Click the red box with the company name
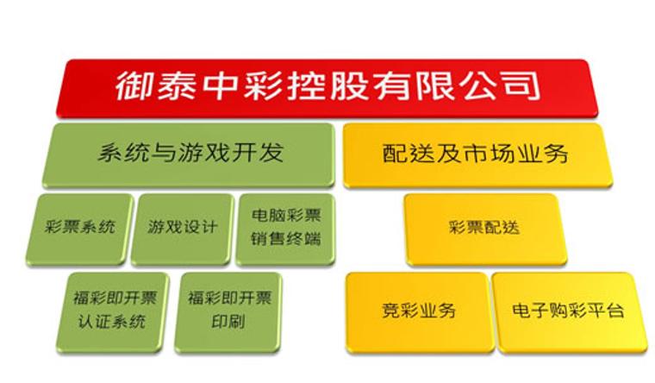tap(327, 88)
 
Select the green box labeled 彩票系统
tap(79, 229)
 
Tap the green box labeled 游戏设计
tap(182, 229)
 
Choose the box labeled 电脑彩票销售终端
tap(286, 229)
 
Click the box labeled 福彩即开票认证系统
tap(113, 312)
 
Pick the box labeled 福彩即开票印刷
tap(228, 312)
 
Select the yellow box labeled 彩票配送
tap(485, 229)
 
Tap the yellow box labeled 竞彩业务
tap(419, 312)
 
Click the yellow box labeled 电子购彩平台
tap(569, 312)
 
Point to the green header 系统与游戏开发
tap(189, 154)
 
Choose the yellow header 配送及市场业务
tap(477, 154)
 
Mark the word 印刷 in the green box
tap(228, 322)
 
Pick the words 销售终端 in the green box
tap(286, 239)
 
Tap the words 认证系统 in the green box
tap(112, 322)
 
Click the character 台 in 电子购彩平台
tap(614, 311)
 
